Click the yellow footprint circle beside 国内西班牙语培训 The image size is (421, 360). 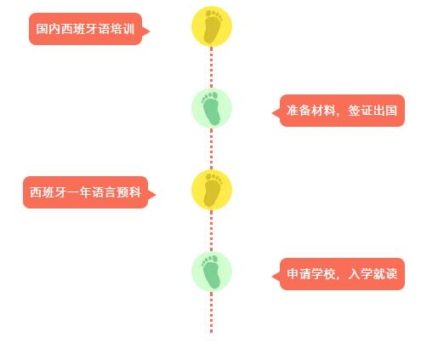click(x=212, y=26)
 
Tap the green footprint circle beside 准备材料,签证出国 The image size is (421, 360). click(x=212, y=108)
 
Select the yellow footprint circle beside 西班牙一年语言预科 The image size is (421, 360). click(x=212, y=190)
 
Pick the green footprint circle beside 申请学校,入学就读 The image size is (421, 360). click(x=212, y=271)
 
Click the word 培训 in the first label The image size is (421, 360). click(x=122, y=29)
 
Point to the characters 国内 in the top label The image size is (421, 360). click(x=48, y=29)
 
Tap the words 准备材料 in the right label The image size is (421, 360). click(x=311, y=111)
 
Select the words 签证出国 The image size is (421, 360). click(x=373, y=111)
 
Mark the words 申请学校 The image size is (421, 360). click(x=311, y=274)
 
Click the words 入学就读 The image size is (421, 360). click(x=373, y=274)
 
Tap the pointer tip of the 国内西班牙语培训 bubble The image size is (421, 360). click(x=150, y=31)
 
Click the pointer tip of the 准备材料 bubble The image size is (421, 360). click(x=272, y=113)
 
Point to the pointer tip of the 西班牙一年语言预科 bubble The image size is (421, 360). click(x=156, y=195)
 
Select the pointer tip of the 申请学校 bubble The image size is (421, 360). click(x=272, y=277)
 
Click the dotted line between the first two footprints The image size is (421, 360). click(x=211, y=67)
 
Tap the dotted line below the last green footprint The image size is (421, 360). click(x=211, y=312)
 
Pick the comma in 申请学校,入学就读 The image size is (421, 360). click(x=338, y=277)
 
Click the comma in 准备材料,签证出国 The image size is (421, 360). click(x=338, y=114)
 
